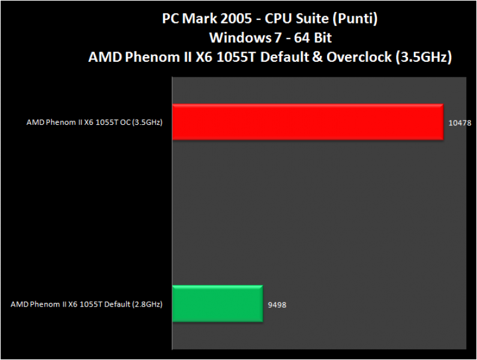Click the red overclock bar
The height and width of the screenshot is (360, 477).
pyautogui.click(x=307, y=122)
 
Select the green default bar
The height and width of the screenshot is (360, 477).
pyautogui.click(x=217, y=304)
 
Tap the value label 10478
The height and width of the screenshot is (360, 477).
pyautogui.click(x=460, y=123)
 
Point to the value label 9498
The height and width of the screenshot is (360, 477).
pyautogui.click(x=277, y=305)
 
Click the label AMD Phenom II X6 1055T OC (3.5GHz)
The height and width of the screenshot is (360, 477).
pyautogui.click(x=95, y=122)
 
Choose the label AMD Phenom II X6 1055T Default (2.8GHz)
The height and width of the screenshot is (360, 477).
pyautogui.click(x=86, y=304)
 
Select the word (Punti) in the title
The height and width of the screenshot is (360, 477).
pyautogui.click(x=356, y=19)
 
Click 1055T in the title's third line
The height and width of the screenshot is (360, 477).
pyautogui.click(x=235, y=58)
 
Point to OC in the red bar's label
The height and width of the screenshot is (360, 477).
pyautogui.click(x=125, y=122)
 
